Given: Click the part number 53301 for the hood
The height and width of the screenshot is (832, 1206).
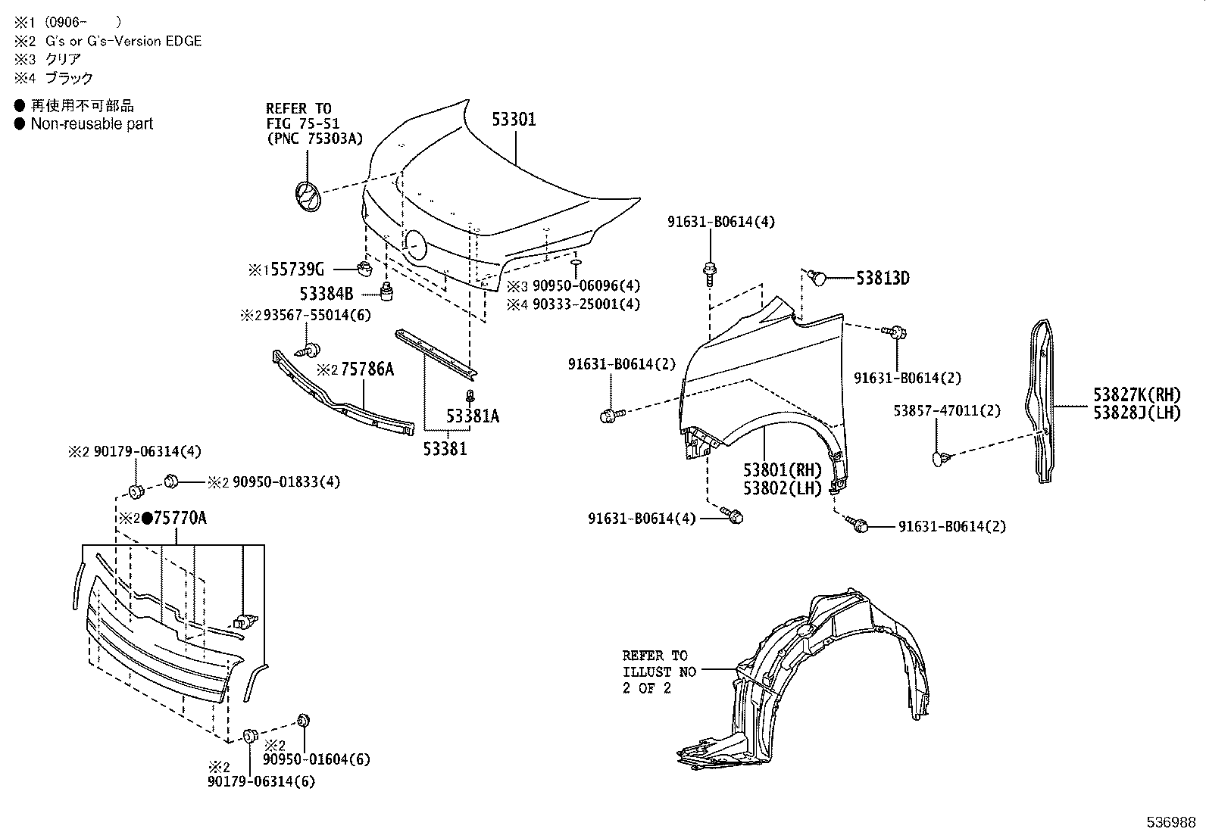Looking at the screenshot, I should pyautogui.click(x=514, y=120).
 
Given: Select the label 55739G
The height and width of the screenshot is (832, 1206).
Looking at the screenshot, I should pyautogui.click(x=298, y=269).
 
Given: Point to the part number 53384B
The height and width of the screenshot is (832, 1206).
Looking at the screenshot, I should pyautogui.click(x=326, y=293).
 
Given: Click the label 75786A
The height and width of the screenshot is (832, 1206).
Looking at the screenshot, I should pyautogui.click(x=367, y=369).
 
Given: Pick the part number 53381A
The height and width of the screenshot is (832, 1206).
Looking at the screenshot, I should pyautogui.click(x=473, y=416).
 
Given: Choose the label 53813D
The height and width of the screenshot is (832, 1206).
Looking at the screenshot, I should pyautogui.click(x=883, y=279).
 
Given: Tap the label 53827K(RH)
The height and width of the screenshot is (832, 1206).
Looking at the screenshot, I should pyautogui.click(x=1136, y=394).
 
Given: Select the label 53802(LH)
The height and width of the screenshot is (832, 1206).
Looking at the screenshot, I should pyautogui.click(x=783, y=488).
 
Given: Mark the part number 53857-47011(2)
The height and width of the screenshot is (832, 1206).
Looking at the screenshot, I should pyautogui.click(x=947, y=411).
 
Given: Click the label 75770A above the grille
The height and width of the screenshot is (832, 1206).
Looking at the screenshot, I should pyautogui.click(x=180, y=519).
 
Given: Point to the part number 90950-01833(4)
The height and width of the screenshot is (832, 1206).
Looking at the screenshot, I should pyautogui.click(x=286, y=482).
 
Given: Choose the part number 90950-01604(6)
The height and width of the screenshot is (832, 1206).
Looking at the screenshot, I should pyautogui.click(x=317, y=759).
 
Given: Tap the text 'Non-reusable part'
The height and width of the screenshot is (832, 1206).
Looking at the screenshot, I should pyautogui.click(x=92, y=124).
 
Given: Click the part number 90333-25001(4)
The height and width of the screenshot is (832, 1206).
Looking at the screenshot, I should pyautogui.click(x=586, y=304).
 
